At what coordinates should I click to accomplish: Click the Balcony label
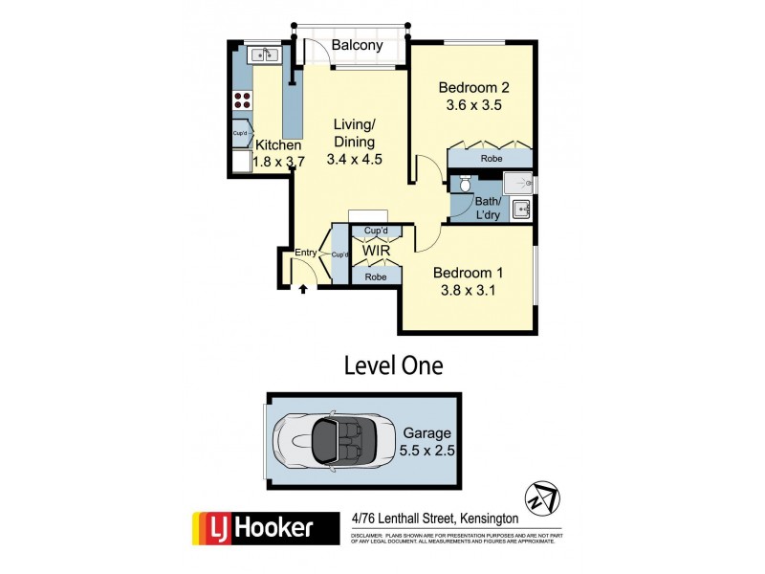tap(357, 45)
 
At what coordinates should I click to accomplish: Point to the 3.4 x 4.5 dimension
tap(354, 160)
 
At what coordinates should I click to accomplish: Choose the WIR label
tap(374, 252)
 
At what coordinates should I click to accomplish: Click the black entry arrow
tap(303, 286)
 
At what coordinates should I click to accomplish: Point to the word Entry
tap(306, 253)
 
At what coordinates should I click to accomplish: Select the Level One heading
tap(393, 364)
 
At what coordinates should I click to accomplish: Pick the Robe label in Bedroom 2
tap(492, 159)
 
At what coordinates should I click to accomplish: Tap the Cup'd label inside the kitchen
tap(241, 134)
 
